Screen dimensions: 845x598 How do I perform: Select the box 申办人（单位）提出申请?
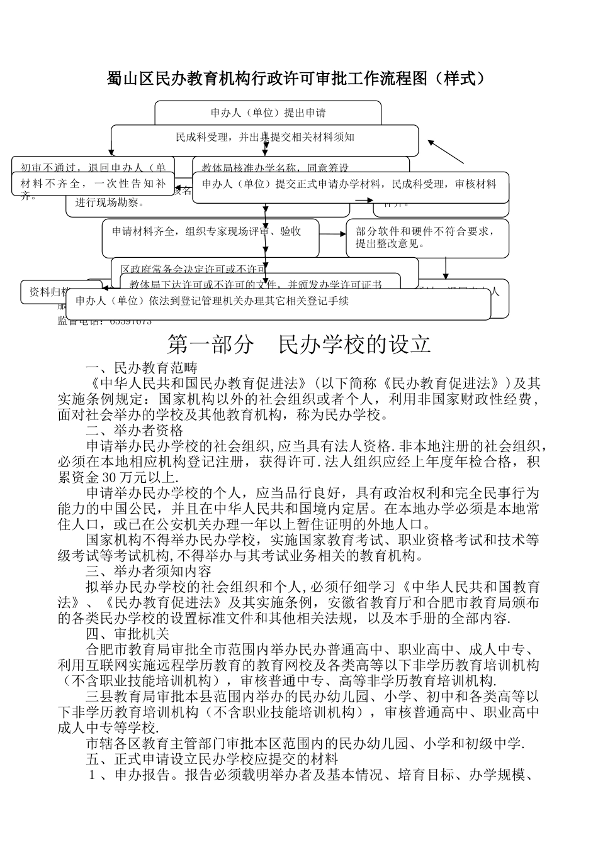pos(268,113)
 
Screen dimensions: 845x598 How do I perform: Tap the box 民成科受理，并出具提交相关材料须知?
pos(265,136)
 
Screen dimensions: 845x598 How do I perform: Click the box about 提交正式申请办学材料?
pos(350,184)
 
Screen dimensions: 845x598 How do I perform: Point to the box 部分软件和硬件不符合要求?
pos(427,238)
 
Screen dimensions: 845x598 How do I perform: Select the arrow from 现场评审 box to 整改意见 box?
pos(332,234)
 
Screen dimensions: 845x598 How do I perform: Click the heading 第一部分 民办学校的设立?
pos(299,345)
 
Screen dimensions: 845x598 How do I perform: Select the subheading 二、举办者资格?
pos(135,431)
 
